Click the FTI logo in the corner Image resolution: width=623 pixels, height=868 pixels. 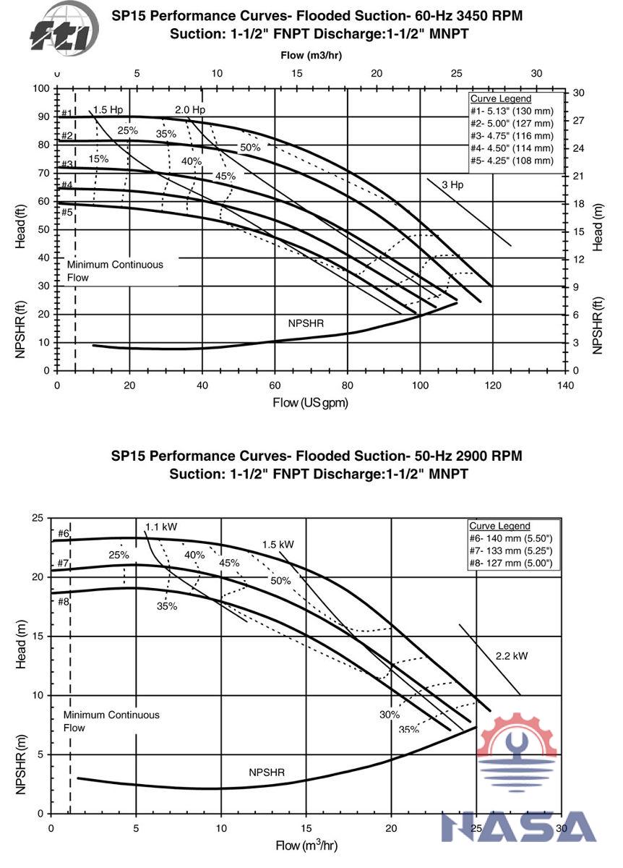pyautogui.click(x=61, y=28)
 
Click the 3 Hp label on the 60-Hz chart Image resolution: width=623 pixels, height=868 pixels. pyautogui.click(x=452, y=184)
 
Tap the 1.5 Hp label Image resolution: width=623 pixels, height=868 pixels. pyautogui.click(x=108, y=110)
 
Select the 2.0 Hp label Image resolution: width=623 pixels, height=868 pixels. pyautogui.click(x=190, y=110)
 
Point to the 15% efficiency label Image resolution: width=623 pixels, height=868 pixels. pyautogui.click(x=98, y=159)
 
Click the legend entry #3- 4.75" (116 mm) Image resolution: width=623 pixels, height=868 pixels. pyautogui.click(x=512, y=136)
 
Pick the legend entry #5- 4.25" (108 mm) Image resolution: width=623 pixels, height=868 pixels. pyautogui.click(x=512, y=161)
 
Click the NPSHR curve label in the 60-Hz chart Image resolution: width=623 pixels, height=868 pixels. pyautogui.click(x=306, y=323)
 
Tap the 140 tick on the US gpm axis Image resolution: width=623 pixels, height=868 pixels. pyautogui.click(x=565, y=385)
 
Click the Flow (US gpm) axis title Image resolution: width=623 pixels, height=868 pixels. pyautogui.click(x=310, y=402)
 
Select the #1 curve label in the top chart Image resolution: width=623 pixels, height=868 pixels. pyautogui.click(x=66, y=113)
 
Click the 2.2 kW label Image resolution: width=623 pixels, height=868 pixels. pyautogui.click(x=512, y=656)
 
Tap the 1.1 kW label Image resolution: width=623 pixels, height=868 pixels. pyautogui.click(x=162, y=527)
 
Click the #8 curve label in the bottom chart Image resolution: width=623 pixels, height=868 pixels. pyautogui.click(x=63, y=601)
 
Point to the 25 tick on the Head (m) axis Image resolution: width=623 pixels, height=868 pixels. pyautogui.click(x=38, y=518)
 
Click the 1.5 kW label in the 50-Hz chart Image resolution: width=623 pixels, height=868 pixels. pyautogui.click(x=278, y=544)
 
